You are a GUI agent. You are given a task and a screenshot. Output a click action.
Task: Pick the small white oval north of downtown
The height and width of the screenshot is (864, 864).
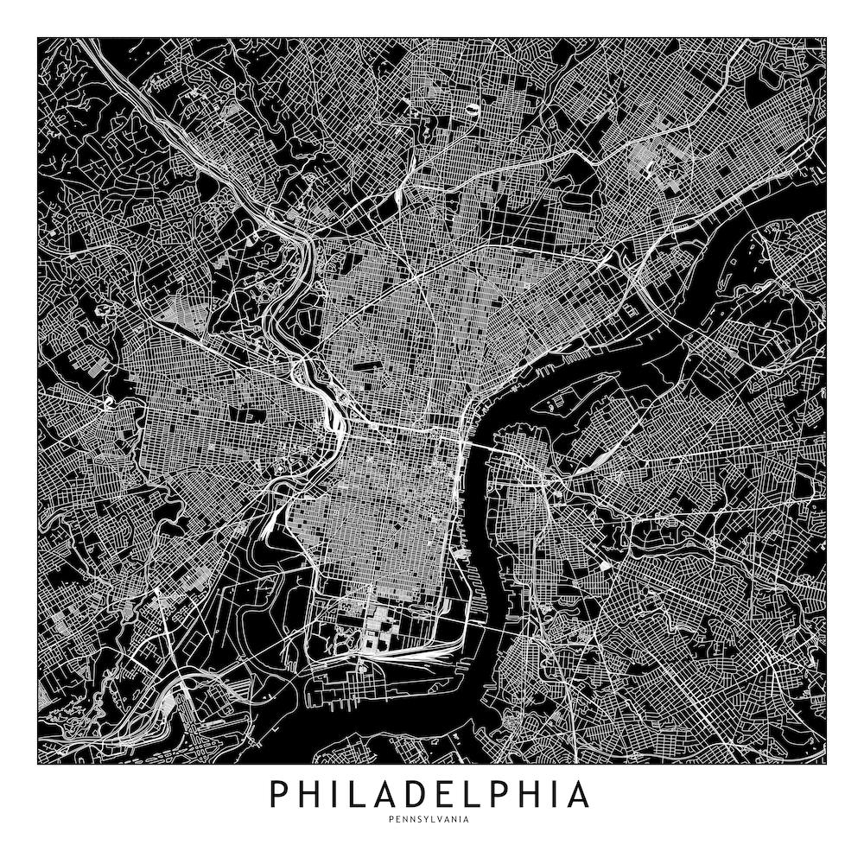coord(473,111)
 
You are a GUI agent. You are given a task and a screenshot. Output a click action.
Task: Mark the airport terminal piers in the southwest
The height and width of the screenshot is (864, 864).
coord(186,691)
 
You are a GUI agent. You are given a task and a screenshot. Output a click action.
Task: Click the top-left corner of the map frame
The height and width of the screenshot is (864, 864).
coord(38,37)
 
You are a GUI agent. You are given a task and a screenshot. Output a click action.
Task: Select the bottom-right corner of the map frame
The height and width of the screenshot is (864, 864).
coord(827,764)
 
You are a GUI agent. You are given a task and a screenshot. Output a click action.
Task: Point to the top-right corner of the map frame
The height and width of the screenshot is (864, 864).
coord(827,37)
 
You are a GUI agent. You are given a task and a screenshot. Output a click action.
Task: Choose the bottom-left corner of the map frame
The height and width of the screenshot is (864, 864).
coord(38,764)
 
